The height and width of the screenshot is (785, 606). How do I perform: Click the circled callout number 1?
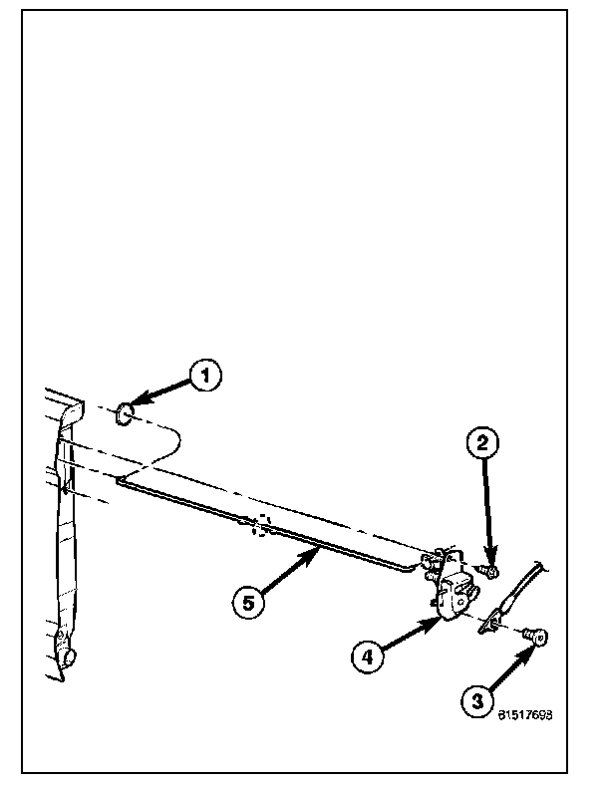(206, 376)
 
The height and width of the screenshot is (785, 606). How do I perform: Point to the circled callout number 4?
(366, 655)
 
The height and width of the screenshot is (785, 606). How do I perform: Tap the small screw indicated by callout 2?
(491, 572)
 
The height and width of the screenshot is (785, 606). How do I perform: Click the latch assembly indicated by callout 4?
(455, 594)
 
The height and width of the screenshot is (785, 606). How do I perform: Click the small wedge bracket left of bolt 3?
(490, 625)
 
